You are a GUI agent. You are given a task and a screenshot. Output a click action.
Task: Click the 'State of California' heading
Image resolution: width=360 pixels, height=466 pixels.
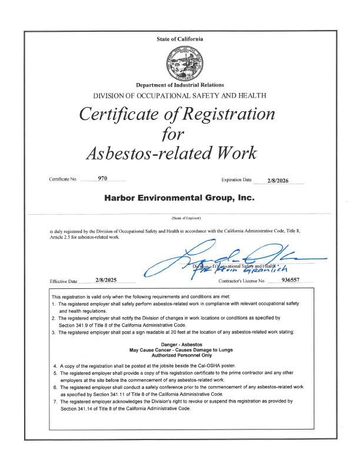tap(180, 39)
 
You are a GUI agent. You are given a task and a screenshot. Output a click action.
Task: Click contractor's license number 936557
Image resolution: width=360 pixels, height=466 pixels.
tap(291, 280)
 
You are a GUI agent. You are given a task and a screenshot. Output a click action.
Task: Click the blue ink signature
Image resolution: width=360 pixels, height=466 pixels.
tap(235, 258)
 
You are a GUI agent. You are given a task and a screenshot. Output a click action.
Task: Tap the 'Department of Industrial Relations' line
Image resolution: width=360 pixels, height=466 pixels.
tap(180, 85)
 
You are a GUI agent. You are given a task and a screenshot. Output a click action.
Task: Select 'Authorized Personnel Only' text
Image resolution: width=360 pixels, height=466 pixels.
tap(180, 356)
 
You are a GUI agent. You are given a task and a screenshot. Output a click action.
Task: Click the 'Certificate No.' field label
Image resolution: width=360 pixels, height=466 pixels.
tap(64, 179)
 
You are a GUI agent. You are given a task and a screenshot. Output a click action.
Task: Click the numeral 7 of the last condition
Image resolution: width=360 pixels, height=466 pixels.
tap(55, 401)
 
